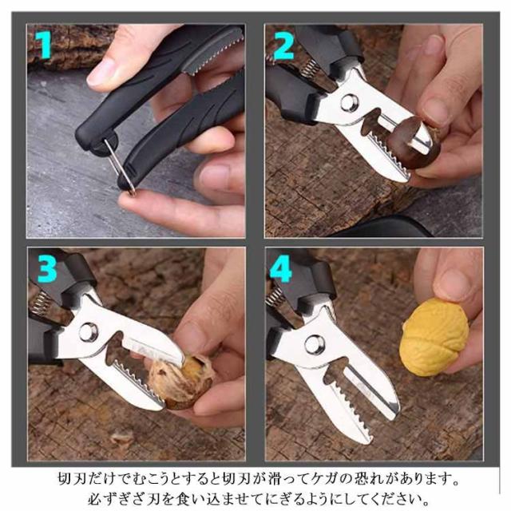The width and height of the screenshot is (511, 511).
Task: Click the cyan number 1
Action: point(45,44)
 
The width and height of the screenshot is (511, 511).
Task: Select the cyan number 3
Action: point(48,268)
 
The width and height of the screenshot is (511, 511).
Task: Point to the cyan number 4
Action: point(281,268)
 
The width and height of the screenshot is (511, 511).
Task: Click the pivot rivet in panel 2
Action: point(350,103)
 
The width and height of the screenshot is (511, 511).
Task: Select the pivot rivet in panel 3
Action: point(88,332)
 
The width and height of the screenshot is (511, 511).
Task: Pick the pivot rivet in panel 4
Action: point(314,344)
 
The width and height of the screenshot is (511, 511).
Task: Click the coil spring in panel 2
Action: point(308,69)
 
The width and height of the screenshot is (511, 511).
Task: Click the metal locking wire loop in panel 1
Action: point(120,166)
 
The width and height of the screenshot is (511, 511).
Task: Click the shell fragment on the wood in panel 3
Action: point(121,438)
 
